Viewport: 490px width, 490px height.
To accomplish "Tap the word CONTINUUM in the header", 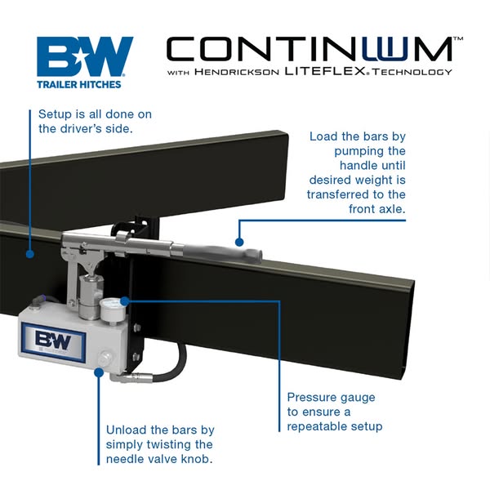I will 310,48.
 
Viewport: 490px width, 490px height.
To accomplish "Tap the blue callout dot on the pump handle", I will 239,241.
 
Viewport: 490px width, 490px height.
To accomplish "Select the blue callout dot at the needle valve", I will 100,372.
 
